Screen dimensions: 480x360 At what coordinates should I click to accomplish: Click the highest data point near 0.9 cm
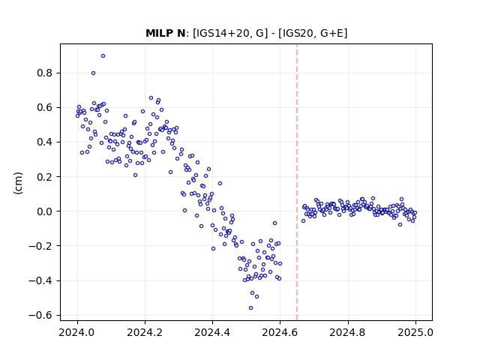103,56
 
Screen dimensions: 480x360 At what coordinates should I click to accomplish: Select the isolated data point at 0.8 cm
93,73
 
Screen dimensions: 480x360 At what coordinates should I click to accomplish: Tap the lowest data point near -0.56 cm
250,308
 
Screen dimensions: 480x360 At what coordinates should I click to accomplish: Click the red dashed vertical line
297,182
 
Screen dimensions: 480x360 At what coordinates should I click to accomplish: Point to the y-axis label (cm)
18,183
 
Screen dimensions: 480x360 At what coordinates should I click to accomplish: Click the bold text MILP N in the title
165,33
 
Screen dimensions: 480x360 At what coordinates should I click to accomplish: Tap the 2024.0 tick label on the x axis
77,332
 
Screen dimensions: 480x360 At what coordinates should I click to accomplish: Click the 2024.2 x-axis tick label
145,332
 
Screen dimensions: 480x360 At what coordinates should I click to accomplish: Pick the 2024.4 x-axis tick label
212,332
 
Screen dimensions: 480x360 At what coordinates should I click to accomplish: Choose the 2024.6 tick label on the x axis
280,332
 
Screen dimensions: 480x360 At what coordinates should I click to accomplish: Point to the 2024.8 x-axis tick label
347,332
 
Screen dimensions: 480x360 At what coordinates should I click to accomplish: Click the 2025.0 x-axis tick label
415,332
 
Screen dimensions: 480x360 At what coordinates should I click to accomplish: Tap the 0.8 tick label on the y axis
44,73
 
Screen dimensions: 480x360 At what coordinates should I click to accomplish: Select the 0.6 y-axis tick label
44,108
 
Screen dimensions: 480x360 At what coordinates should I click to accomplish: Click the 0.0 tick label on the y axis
44,211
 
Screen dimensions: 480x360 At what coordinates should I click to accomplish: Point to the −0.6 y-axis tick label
40,315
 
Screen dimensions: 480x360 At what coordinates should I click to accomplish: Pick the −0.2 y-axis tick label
40,246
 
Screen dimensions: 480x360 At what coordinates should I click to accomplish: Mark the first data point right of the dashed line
303,221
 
